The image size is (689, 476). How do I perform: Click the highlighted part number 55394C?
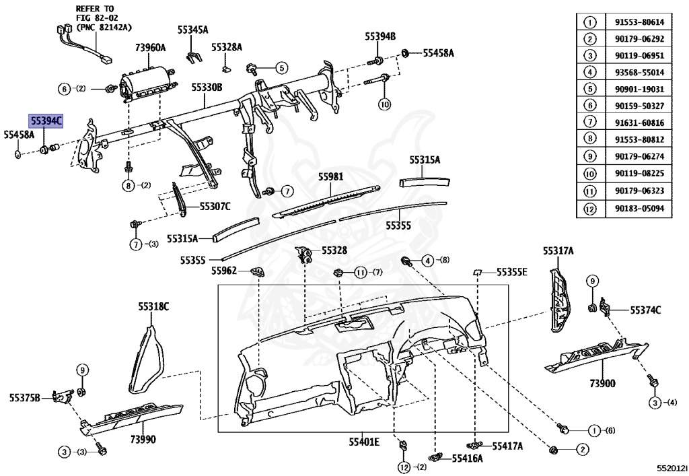click(x=46, y=121)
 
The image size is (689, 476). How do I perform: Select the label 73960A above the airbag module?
click(x=150, y=48)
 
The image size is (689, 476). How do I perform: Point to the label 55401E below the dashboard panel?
click(x=364, y=442)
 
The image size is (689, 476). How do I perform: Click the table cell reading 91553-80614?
click(x=639, y=22)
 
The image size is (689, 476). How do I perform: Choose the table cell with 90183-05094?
click(x=639, y=208)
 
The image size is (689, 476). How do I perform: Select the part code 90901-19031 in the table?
click(x=639, y=90)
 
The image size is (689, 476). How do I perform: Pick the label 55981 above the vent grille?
click(x=331, y=177)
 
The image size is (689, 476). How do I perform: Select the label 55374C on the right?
click(x=645, y=310)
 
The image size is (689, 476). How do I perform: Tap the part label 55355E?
click(x=511, y=272)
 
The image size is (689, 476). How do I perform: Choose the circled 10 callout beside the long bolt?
click(x=384, y=104)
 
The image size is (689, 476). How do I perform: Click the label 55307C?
click(x=215, y=206)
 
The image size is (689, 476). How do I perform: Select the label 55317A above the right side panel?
click(x=558, y=251)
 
